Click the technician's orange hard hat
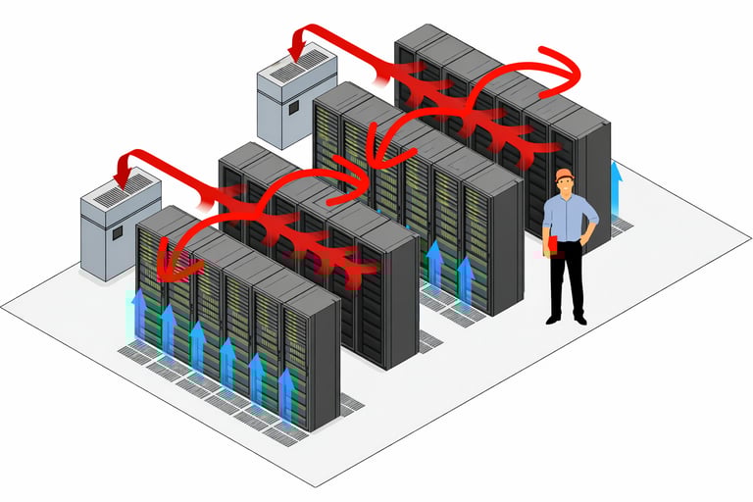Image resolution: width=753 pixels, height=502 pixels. (564, 175)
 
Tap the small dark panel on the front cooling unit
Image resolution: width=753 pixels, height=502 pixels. (116, 233)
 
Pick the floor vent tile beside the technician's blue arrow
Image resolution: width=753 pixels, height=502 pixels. (621, 226)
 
